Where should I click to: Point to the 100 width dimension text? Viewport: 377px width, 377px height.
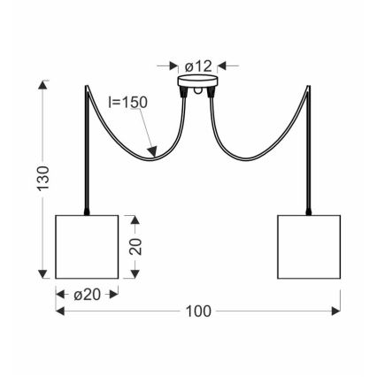197,312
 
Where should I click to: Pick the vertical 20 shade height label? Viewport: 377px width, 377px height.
135,245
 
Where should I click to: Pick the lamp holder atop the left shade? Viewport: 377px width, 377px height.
86,210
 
